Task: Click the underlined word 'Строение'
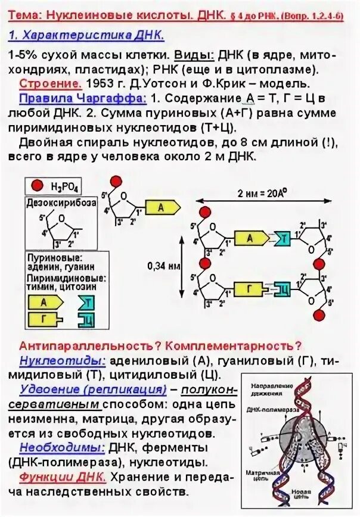click(44, 83)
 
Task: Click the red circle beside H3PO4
click(37, 187)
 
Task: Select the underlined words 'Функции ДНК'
click(63, 477)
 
